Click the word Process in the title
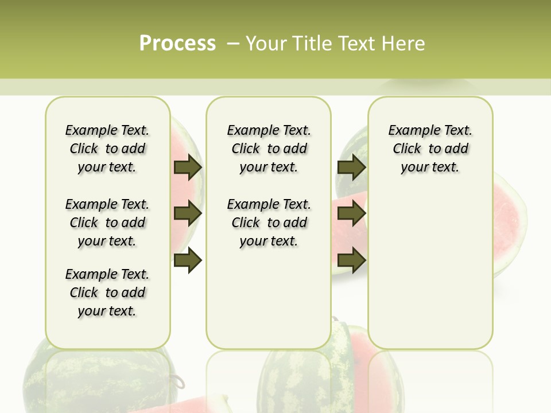pos(177,44)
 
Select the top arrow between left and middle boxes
pos(188,167)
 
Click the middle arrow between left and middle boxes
pos(188,213)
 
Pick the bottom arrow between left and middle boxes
pos(188,260)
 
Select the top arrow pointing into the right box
pos(352,167)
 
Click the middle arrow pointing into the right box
pos(352,213)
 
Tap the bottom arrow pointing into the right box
pos(352,260)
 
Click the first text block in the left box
pos(107,149)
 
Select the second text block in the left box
pos(107,223)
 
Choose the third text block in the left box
pos(107,293)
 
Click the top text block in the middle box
pos(269,149)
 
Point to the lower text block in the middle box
pos(269,223)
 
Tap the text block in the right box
pos(430,149)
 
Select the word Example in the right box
pos(410,131)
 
